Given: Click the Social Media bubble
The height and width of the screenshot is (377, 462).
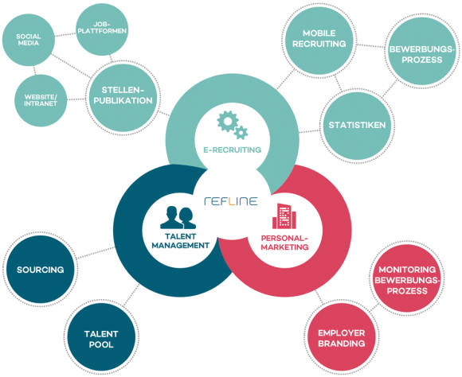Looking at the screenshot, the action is pos(29,40).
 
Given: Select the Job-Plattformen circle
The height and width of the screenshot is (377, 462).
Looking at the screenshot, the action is pos(102,29).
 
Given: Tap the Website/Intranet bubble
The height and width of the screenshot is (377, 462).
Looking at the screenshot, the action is pos(41,100).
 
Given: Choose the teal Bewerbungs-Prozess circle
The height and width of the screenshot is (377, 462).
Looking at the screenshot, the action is pos(422,51).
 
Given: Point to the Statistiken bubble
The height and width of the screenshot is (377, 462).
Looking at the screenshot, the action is pos(357,126).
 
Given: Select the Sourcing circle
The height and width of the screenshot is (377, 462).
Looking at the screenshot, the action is pos(41,270).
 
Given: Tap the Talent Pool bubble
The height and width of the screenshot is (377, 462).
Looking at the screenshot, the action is pos(101,337).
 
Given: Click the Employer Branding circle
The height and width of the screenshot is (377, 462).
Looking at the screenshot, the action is pos(342,337).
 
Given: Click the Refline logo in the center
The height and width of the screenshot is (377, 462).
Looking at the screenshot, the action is pos(231,201).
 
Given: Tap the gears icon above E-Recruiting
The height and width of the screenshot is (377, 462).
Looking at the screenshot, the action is pos(232,125).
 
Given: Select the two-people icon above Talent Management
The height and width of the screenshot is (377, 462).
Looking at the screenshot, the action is pos(178,217).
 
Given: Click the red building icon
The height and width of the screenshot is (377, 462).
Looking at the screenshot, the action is pos(284,216).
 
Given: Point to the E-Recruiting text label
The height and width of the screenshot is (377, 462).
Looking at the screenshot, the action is pos(232,150).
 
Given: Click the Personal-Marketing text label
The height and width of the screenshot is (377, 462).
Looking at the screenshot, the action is pos(284,243).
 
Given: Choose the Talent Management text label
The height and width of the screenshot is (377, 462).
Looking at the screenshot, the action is pos(180,241).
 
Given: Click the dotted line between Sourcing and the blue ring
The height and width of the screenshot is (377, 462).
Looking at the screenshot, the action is pos(96,253).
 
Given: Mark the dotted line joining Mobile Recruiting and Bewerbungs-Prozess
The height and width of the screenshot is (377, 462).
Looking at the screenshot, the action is pos(370,46).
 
